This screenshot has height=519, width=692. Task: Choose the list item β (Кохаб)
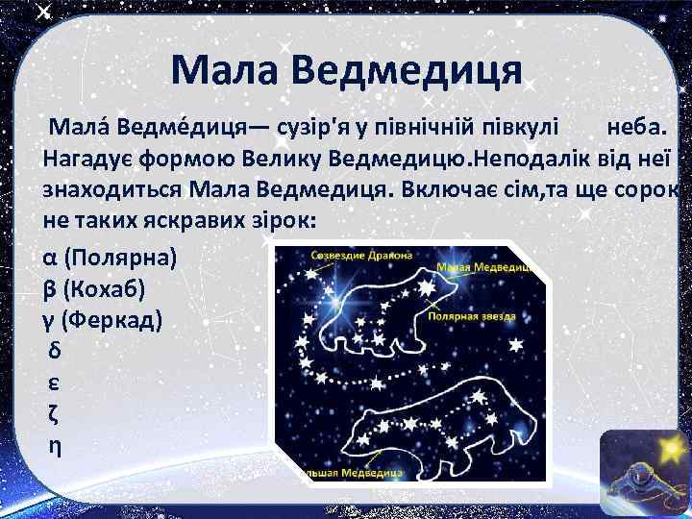[98, 288]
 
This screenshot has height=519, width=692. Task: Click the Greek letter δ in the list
[52, 350]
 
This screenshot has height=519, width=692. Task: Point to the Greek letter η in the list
[52, 445]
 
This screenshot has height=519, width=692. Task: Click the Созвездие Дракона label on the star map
[361, 256]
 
